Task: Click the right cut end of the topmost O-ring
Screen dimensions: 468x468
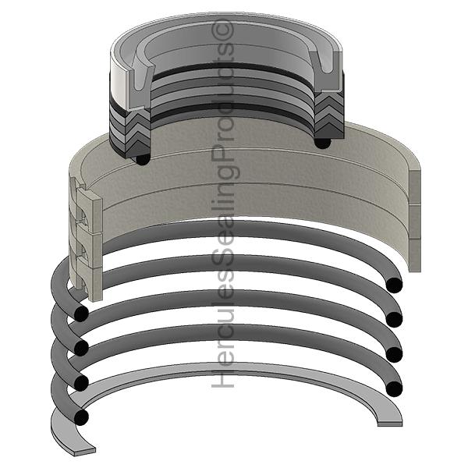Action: (x=394, y=284)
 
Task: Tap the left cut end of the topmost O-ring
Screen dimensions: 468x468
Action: (x=80, y=313)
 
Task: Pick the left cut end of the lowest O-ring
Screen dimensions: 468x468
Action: (x=80, y=417)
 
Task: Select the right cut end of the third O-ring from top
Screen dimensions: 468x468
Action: (x=394, y=353)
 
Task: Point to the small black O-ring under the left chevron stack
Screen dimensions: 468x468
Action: (x=142, y=159)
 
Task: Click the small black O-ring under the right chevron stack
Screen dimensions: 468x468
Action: (x=323, y=141)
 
